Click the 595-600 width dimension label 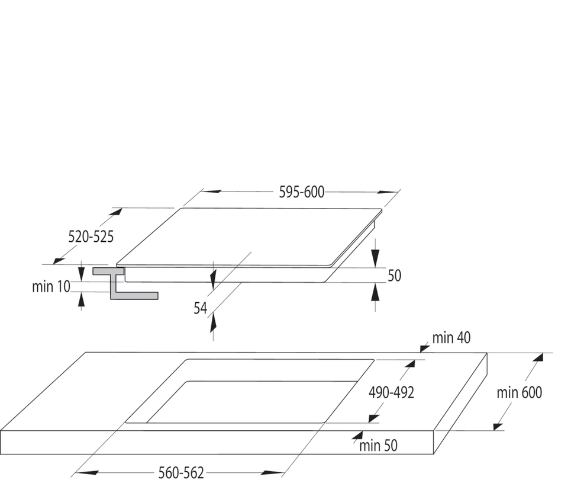point(302,192)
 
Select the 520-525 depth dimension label point(91,236)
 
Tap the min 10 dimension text point(51,287)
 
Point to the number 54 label point(200,308)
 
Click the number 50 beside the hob point(394,276)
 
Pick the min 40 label point(451,338)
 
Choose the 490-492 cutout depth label point(391,393)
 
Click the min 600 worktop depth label point(519,393)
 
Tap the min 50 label point(378,446)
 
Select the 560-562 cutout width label point(181,473)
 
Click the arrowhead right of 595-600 point(387,193)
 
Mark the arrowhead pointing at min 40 point(425,348)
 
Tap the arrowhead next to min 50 point(357,435)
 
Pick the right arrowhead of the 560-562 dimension point(273,473)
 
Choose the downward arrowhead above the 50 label point(375,258)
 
